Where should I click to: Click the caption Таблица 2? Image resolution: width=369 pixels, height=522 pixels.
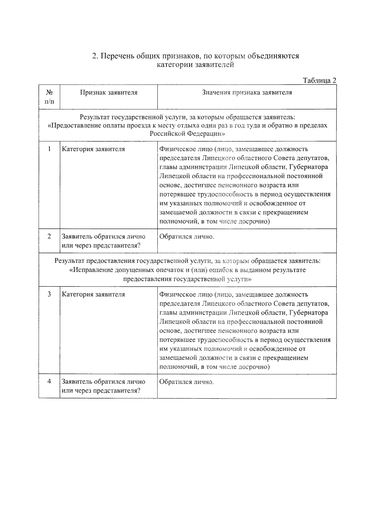click(x=319, y=80)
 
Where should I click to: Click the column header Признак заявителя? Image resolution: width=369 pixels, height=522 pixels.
click(x=109, y=92)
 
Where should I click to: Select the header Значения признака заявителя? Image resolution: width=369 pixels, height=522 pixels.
click(x=247, y=92)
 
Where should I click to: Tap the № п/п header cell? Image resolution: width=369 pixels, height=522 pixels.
click(x=49, y=97)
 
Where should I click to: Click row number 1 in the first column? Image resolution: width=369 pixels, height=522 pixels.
click(x=49, y=149)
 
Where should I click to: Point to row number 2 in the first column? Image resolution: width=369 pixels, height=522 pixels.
click(x=49, y=236)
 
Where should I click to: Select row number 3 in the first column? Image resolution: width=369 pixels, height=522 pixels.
click(x=49, y=294)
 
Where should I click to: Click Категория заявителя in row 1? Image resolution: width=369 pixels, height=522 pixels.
click(x=93, y=149)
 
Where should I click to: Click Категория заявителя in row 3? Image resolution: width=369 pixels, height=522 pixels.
click(x=93, y=295)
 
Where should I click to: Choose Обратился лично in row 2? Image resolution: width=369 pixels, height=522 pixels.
click(x=186, y=237)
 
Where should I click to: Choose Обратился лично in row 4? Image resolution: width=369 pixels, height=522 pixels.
click(x=186, y=382)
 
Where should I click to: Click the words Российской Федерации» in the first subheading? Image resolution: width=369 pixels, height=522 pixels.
click(x=187, y=134)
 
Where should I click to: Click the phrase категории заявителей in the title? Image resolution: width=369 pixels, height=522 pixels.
click(x=195, y=65)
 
